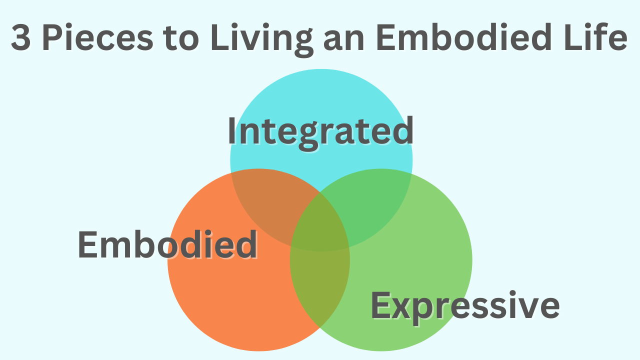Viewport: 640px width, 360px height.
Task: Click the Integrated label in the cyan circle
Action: (x=320, y=131)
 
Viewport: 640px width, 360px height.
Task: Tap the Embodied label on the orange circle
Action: (x=167, y=245)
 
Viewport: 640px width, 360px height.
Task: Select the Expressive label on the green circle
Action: (x=465, y=306)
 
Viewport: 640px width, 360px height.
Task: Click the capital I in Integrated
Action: (x=232, y=131)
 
